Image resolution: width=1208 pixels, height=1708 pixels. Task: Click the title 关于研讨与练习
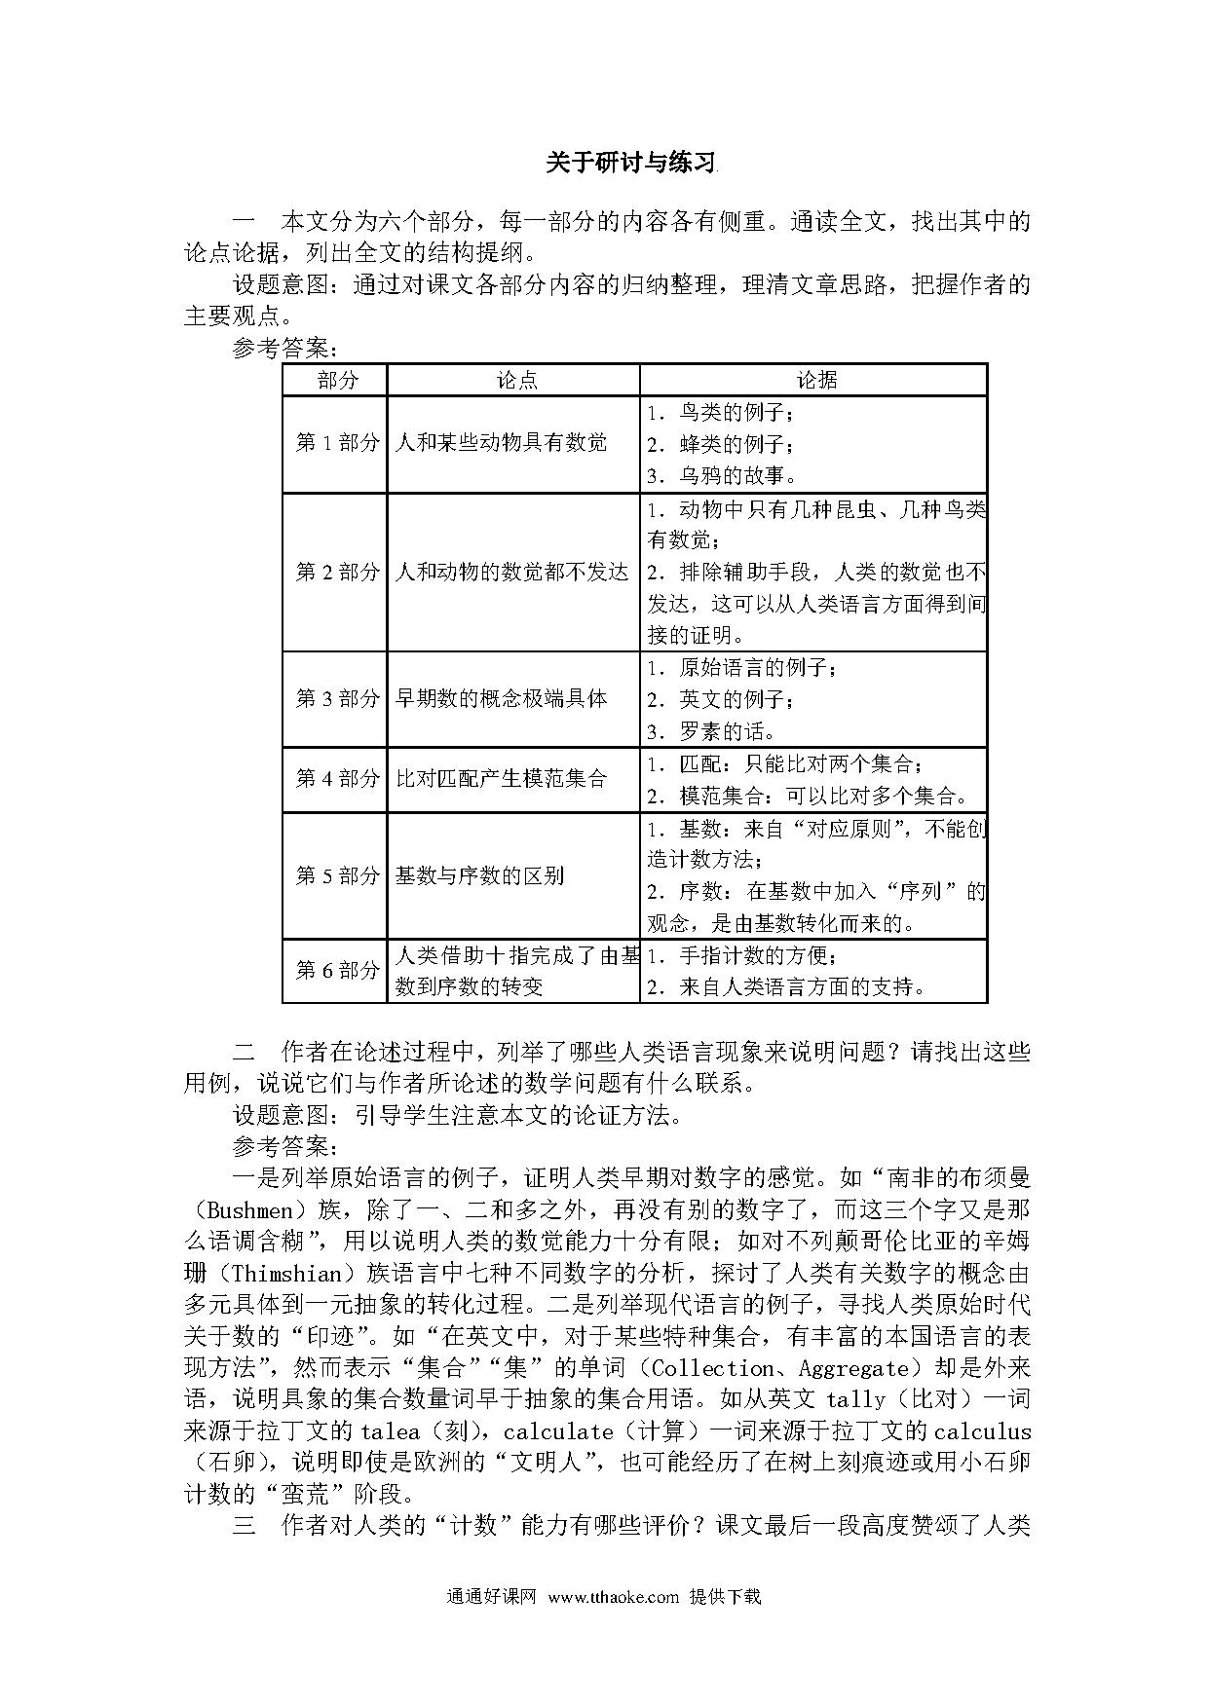630,163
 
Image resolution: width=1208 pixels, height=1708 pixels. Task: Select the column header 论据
814,380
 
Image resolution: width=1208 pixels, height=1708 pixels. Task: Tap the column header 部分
336,380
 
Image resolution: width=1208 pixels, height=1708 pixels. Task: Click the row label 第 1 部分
336,443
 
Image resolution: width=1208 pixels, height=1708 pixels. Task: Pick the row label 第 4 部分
336,779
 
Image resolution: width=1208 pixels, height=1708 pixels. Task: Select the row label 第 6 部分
336,970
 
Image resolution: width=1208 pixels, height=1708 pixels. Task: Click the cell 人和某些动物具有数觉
501,443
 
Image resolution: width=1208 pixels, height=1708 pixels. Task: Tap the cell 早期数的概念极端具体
501,698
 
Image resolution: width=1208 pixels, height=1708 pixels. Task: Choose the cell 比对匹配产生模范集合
501,779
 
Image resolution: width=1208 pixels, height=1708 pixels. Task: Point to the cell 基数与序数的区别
479,875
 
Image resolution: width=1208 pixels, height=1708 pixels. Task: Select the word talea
390,1431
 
